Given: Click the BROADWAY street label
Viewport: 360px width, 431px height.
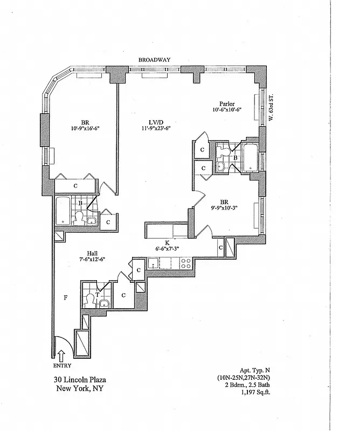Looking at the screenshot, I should coord(154,60).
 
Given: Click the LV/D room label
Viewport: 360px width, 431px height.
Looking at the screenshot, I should coord(153,121).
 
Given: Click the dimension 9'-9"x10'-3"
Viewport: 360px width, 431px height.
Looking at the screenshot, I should coord(224,206).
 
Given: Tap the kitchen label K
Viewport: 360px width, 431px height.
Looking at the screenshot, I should coord(167,242).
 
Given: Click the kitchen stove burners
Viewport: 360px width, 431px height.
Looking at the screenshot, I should coord(184,264).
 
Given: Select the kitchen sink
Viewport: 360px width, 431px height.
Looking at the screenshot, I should coord(154,264).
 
